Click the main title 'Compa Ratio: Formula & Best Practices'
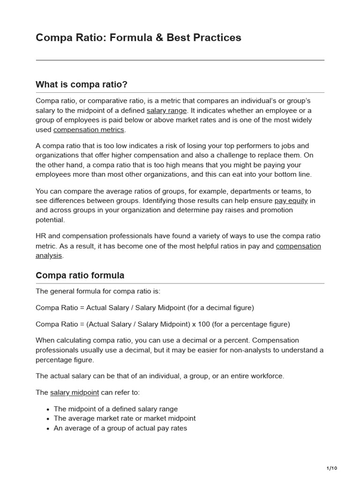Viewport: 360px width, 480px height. [138, 37]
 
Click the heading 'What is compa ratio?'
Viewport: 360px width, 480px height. [82, 84]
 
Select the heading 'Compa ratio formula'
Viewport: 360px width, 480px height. [80, 275]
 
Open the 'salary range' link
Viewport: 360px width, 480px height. [166, 111]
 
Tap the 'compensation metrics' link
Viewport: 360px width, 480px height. [89, 129]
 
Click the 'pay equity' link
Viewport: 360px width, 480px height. [291, 201]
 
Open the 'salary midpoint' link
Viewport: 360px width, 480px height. [75, 392]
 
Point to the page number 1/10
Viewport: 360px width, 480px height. [331, 468]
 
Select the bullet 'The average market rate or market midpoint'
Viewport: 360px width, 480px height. [125, 418]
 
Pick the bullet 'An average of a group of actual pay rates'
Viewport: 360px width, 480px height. [120, 428]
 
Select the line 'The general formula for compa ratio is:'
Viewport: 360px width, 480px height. [98, 291]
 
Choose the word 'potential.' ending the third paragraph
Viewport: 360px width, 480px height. [50, 219]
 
